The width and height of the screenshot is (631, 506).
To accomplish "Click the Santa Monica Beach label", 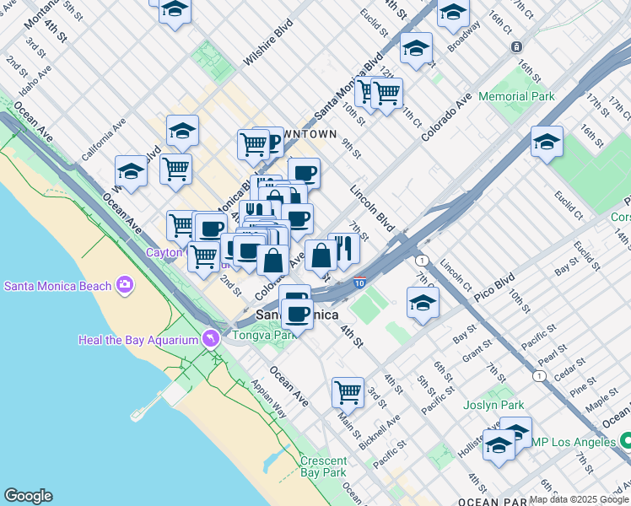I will [x=57, y=286].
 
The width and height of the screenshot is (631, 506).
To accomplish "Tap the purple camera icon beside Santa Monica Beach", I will [x=126, y=285].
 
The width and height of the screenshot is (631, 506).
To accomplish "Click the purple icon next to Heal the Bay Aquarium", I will [x=211, y=339].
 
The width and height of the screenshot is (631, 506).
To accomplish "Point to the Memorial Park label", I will [x=516, y=97].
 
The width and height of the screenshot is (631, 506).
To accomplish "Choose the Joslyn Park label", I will [x=493, y=405].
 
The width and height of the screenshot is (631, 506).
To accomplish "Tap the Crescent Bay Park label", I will [x=323, y=466].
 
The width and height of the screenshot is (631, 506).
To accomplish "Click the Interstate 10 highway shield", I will [x=360, y=283].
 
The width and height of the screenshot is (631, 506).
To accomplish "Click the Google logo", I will [x=28, y=496].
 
